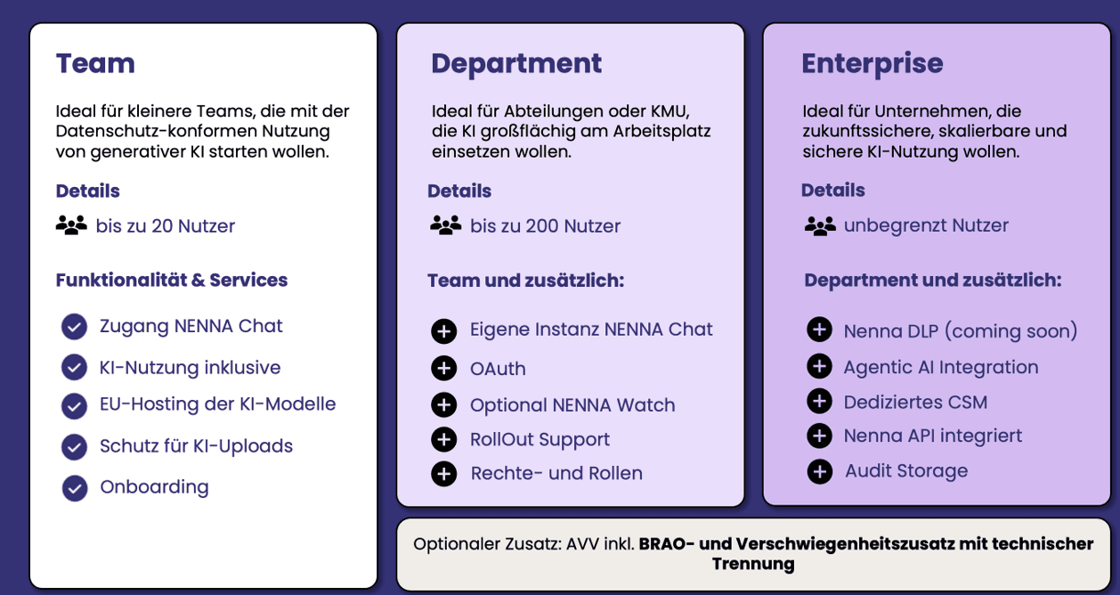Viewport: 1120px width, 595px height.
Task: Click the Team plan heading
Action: pos(95,63)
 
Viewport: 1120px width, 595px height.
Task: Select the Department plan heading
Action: pos(516,63)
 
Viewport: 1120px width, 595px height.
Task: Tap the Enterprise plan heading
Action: pos(872,63)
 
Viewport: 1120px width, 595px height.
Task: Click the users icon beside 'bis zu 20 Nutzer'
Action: pos(71,225)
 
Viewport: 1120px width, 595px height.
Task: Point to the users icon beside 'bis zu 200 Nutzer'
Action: pos(445,225)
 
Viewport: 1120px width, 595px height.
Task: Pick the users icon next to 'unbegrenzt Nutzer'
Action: pos(819,225)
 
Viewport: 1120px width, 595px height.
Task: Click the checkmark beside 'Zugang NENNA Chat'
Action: pos(75,327)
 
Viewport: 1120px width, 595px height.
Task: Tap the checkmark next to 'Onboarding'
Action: pos(75,488)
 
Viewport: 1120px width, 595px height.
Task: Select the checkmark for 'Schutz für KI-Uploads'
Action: pos(75,446)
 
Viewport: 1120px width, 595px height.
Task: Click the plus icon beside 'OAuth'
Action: pos(443,368)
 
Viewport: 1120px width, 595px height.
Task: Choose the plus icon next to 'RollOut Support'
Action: pos(443,439)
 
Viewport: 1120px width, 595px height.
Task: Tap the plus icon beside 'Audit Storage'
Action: pos(819,471)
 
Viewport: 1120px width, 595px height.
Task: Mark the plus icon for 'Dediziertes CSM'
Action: pos(819,401)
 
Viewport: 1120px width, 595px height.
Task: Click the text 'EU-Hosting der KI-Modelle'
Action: pos(217,403)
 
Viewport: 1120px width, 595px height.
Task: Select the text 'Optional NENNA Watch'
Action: pos(572,404)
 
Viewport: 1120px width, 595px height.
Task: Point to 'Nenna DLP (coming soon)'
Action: pos(960,331)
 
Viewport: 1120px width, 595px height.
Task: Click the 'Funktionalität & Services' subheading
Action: pos(172,280)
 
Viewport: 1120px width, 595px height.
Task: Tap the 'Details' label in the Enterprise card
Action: pos(832,190)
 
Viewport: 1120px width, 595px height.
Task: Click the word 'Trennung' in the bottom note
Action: pos(752,564)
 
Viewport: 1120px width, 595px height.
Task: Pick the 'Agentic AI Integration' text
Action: pos(940,367)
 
